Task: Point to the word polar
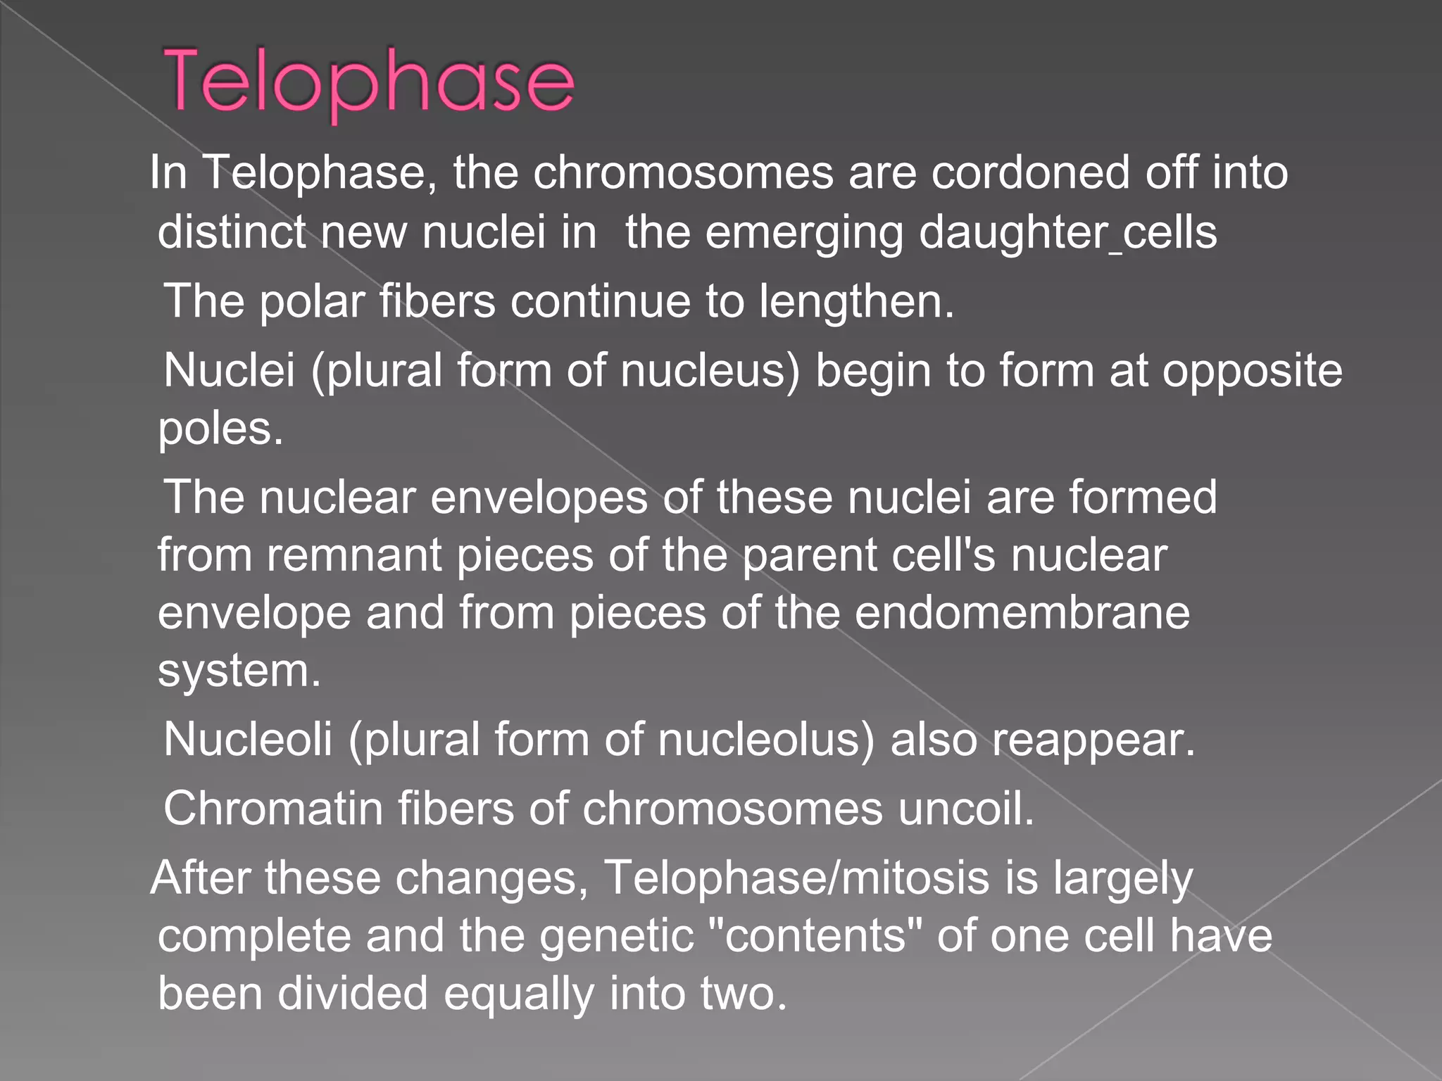pos(312,302)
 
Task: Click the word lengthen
pos(855,302)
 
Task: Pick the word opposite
pos(1252,371)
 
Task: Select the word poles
pos(220,429)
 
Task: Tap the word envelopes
pos(539,498)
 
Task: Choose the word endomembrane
pos(1022,613)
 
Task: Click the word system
pos(239,671)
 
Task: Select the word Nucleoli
pos(248,740)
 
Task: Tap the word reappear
pos(1093,740)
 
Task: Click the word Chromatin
pos(273,809)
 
